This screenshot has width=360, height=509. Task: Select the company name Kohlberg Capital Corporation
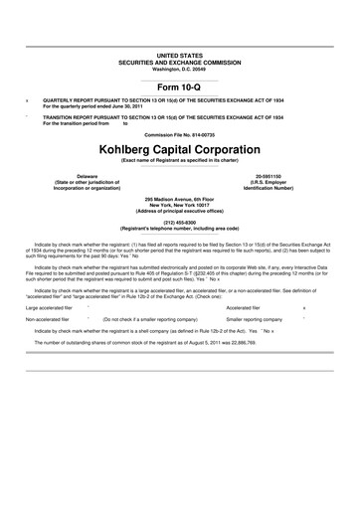tap(180, 147)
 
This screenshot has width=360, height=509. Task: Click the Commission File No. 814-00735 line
tap(180, 132)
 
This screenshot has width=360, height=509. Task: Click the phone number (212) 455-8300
tap(180, 223)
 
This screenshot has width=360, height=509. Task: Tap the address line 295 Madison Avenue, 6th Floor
tap(180, 198)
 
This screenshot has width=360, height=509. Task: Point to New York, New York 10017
tap(180, 204)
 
